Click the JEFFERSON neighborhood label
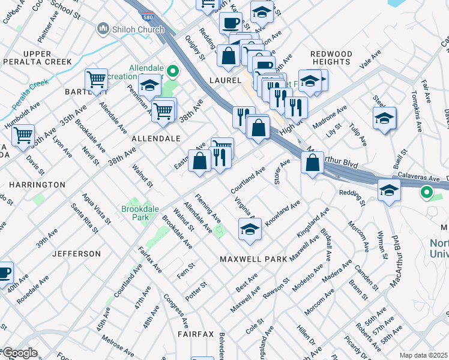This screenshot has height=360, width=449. [76, 254]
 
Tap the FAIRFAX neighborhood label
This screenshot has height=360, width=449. [196, 332]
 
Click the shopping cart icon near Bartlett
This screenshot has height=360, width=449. [96, 79]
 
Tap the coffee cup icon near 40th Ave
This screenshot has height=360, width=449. [4, 272]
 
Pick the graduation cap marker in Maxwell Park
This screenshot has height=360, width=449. [250, 229]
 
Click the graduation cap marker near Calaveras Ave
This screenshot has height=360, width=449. [389, 191]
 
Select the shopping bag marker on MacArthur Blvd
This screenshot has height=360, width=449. [312, 162]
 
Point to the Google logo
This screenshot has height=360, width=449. [19, 353]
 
